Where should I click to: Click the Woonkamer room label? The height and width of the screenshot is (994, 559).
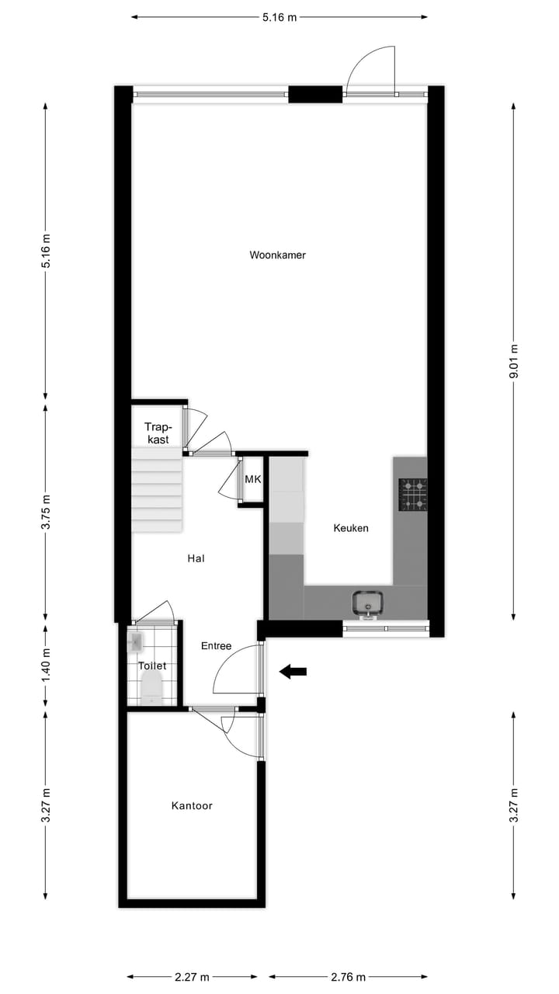tap(277, 255)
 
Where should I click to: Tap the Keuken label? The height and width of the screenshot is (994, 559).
tap(350, 528)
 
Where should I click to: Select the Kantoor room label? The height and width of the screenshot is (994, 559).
tap(192, 806)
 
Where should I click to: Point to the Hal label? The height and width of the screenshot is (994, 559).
tap(196, 558)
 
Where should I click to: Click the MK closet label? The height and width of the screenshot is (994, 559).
tap(252, 480)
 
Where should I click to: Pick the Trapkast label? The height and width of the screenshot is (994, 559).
tap(157, 433)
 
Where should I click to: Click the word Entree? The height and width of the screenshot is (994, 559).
tap(216, 646)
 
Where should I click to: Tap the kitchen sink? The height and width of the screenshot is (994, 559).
tap(367, 603)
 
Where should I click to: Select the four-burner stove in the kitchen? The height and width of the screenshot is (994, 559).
tap(412, 495)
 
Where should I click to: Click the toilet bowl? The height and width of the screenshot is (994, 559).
tap(151, 687)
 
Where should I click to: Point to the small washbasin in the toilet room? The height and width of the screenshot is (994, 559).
tap(135, 642)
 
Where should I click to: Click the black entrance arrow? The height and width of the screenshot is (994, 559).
tap(293, 672)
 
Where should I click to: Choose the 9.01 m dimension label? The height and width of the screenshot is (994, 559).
tap(513, 361)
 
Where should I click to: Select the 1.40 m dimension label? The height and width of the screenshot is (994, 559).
tap(46, 666)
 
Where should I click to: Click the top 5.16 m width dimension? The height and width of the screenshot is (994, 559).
tap(279, 17)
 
